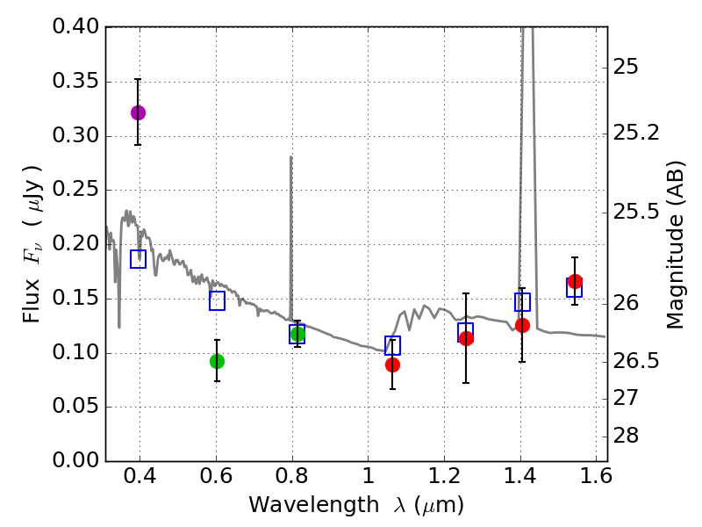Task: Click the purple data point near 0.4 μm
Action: click(x=138, y=112)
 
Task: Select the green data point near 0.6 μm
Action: click(x=217, y=361)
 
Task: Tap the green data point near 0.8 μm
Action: click(x=297, y=334)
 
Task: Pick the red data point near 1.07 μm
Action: click(x=392, y=365)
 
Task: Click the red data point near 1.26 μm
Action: click(x=466, y=338)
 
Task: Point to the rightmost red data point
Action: click(x=575, y=281)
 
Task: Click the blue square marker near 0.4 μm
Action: click(x=138, y=259)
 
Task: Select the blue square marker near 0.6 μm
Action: click(x=217, y=301)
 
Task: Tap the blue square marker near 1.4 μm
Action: click(x=522, y=302)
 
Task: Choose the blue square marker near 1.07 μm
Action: click(x=392, y=345)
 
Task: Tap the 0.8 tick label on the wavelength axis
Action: click(x=291, y=480)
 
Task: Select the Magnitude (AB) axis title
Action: click(x=675, y=244)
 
